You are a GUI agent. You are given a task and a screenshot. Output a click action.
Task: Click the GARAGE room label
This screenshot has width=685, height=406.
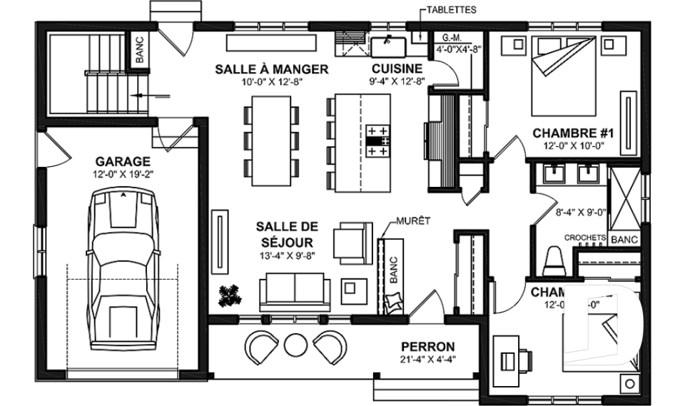pyautogui.click(x=123, y=161)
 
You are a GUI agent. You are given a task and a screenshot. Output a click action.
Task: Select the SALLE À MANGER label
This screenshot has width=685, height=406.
pyautogui.click(x=271, y=69)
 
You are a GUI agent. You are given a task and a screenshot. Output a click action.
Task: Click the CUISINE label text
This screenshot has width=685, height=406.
pyautogui.click(x=397, y=69)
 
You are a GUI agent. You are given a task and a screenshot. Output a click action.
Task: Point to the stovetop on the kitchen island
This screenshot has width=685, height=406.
pyautogui.click(x=378, y=141)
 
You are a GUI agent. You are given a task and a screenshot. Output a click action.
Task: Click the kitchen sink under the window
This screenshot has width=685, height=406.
pyautogui.click(x=388, y=46)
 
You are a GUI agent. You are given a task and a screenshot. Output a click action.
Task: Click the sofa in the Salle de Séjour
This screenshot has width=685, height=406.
pyautogui.click(x=295, y=290)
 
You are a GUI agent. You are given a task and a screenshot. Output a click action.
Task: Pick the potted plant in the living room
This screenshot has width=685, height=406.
pyautogui.click(x=230, y=295)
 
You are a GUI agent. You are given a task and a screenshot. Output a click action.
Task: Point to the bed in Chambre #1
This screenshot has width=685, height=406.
pyautogui.click(x=561, y=75)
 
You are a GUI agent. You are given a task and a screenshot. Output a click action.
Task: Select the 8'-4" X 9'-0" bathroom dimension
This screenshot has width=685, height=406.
pyautogui.click(x=581, y=212)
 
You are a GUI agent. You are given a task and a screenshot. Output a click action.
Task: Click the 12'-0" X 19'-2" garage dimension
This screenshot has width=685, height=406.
pyautogui.click(x=123, y=173)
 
